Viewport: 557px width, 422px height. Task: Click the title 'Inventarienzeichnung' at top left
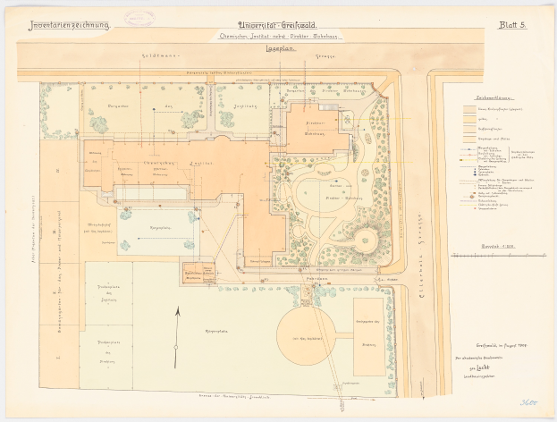(69, 26)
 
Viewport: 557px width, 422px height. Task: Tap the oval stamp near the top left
(139, 19)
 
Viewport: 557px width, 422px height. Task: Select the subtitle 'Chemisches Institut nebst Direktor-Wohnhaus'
(278, 38)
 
